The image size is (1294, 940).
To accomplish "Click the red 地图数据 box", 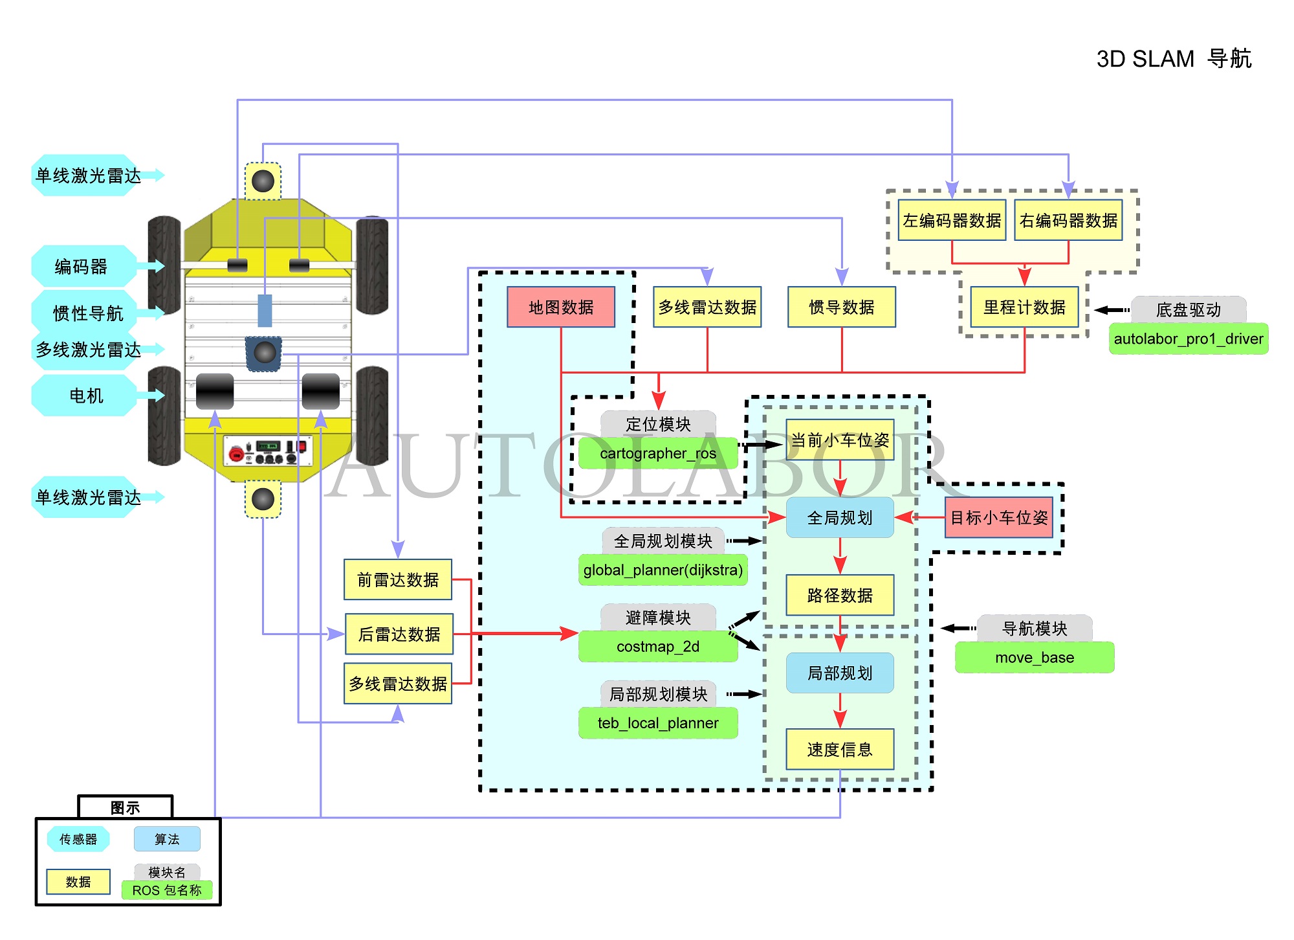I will click(x=560, y=307).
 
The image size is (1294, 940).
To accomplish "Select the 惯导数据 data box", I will click(x=841, y=307).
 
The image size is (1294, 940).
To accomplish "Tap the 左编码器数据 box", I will click(x=952, y=221).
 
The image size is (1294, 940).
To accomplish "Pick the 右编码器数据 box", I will click(x=1068, y=221).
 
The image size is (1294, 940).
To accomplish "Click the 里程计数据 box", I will click(x=1024, y=307).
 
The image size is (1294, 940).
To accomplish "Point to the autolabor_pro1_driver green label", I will click(x=1188, y=339).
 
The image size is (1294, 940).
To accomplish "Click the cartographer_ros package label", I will click(x=658, y=453).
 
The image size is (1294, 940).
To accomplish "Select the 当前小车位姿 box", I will click(x=840, y=440).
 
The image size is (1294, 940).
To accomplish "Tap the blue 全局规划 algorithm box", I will click(x=840, y=517).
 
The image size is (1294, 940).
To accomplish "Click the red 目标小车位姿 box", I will click(x=999, y=517).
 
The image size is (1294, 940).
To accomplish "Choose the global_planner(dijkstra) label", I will click(x=663, y=570).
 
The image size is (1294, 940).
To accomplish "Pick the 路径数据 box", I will click(x=840, y=595).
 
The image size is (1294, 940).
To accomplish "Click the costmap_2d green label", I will click(x=658, y=646).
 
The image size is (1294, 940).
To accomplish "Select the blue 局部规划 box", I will click(x=840, y=673).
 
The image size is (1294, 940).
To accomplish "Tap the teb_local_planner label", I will click(x=658, y=723).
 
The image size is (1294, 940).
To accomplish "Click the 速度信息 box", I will click(x=840, y=749).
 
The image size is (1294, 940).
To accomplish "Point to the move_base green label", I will click(x=1035, y=658).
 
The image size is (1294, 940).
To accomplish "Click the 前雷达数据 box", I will click(x=398, y=579).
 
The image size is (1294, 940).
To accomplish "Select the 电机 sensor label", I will click(x=86, y=395).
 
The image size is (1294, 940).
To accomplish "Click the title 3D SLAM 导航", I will click(x=1174, y=59).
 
